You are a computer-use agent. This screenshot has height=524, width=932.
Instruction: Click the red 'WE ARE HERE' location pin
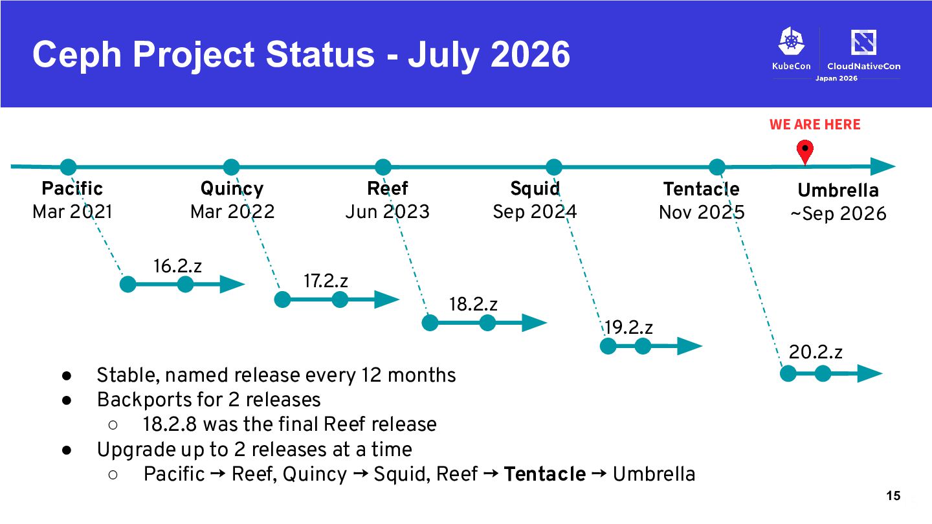tap(804, 151)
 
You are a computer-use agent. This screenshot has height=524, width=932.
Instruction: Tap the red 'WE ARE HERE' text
tap(815, 124)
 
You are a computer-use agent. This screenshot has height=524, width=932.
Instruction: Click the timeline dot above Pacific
tap(68, 167)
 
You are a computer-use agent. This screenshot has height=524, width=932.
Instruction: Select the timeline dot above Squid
tap(554, 167)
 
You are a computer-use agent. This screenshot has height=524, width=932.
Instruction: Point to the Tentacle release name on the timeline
tap(701, 189)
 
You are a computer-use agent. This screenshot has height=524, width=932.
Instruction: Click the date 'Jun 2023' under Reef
tap(387, 212)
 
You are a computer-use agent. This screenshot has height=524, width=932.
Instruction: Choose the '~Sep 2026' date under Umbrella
tap(838, 213)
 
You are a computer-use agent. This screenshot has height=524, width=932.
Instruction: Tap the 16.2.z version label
tap(177, 266)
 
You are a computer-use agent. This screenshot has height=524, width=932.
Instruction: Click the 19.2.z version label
tap(628, 328)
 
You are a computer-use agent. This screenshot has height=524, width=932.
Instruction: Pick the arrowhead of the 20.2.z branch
tap(870, 374)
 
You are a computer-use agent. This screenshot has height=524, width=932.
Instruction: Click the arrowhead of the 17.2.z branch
tap(387, 300)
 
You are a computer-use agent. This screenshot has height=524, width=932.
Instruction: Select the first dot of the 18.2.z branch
tap(430, 323)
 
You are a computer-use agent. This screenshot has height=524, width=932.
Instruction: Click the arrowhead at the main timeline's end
tap(883, 167)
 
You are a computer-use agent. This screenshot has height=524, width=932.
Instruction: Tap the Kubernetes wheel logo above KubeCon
tap(792, 41)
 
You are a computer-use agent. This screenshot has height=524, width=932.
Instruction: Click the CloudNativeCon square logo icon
tap(863, 42)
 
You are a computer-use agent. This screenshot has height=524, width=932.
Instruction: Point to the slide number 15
tap(893, 496)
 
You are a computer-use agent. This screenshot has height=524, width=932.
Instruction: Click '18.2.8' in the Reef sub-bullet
tap(170, 424)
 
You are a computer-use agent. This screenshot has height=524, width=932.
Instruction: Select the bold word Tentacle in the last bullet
tap(545, 474)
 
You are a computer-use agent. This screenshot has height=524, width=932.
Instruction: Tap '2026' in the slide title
tap(530, 54)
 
